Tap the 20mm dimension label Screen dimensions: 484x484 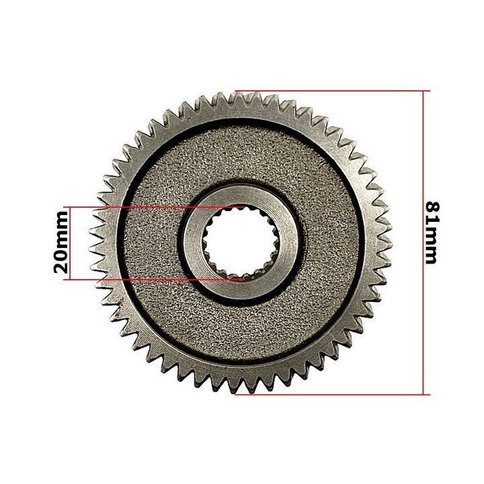[61, 242]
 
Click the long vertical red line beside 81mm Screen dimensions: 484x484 [424, 243]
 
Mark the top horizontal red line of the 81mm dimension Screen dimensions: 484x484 [333, 91]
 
